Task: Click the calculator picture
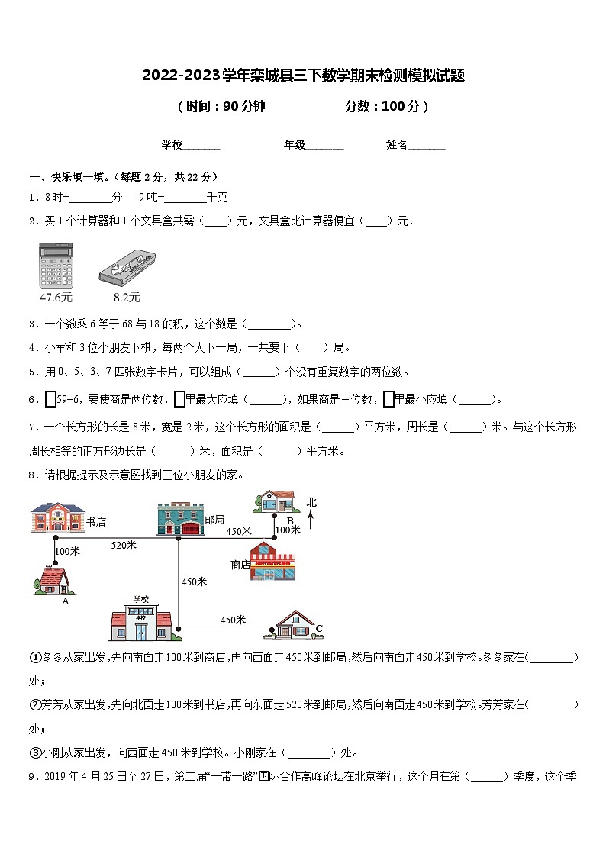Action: click(x=56, y=265)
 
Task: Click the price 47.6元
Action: click(x=56, y=297)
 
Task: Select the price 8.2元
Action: click(x=127, y=297)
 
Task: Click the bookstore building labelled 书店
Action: click(x=57, y=517)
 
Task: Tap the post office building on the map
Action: click(x=179, y=519)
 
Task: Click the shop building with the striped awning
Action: click(x=272, y=562)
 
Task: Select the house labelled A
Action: click(x=54, y=580)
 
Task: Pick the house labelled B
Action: click(x=276, y=501)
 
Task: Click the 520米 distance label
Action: click(x=124, y=544)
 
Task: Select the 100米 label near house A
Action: click(x=68, y=551)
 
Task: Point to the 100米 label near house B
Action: click(x=288, y=529)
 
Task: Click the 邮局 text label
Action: click(x=214, y=518)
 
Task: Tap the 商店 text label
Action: click(x=240, y=565)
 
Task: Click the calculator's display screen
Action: click(x=56, y=250)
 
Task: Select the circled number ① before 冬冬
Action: click(x=35, y=657)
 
